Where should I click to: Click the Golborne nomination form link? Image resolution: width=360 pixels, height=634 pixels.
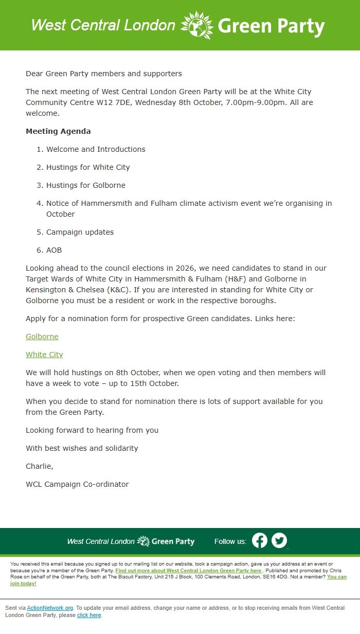coord(42,337)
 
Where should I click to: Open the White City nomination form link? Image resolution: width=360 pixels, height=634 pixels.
coord(44,355)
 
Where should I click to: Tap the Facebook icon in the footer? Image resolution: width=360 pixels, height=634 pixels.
coord(260,540)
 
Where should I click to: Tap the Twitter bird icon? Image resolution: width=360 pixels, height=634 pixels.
coord(279,540)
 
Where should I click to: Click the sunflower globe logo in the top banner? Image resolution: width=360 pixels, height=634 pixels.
coord(197,25)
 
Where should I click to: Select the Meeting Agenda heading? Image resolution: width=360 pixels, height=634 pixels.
coord(58,131)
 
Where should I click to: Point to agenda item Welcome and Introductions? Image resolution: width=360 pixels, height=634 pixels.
coord(96,149)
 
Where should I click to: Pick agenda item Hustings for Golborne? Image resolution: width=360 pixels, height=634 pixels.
coord(86,185)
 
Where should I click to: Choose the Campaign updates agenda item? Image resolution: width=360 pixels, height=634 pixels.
coord(80,232)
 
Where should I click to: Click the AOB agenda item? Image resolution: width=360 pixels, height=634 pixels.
coord(54,250)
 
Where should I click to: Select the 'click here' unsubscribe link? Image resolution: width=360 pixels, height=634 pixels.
coord(89,615)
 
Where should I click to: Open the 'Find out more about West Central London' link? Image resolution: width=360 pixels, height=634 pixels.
coord(188,571)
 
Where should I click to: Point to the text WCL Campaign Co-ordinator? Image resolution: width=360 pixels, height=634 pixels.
coord(77,484)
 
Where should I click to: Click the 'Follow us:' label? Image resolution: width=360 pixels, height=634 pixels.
coord(230,541)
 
